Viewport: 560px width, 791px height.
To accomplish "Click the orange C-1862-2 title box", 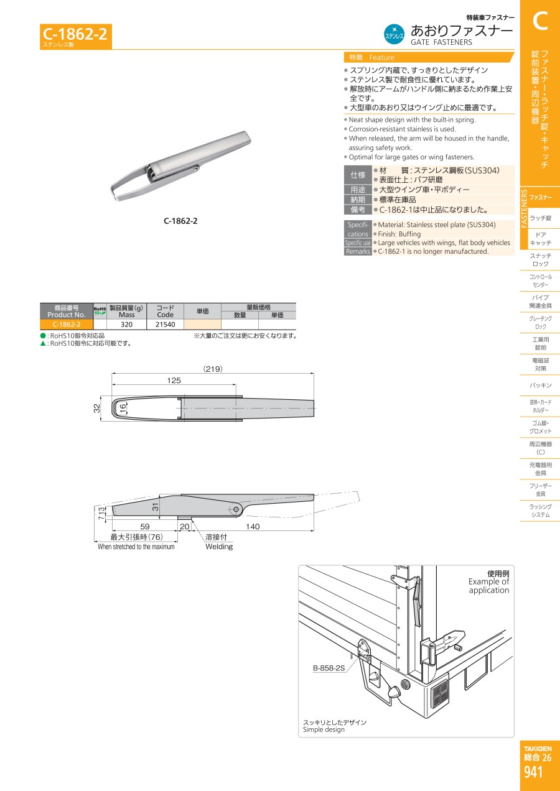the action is tap(76, 37).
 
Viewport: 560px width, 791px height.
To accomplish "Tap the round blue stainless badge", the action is tap(394, 34).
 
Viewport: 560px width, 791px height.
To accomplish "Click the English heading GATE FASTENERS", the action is tap(441, 42).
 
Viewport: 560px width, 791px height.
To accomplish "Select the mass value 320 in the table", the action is tap(126, 324).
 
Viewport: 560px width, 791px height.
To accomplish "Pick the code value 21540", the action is tap(165, 324).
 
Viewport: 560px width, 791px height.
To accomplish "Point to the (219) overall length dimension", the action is tap(213, 369).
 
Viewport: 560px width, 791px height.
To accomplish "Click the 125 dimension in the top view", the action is tap(174, 381).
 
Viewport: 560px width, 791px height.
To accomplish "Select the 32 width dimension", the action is tap(97, 408).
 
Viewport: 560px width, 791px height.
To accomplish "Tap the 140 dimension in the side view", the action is tap(253, 527).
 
